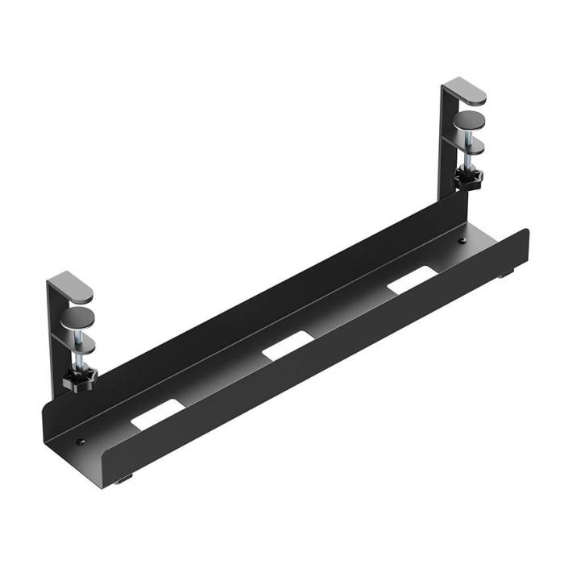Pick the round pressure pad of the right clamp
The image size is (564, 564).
[471, 122]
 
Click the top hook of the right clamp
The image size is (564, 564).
[466, 91]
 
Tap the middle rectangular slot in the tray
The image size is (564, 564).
[287, 344]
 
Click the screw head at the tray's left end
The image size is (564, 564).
[81, 441]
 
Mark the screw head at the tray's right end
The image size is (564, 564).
[462, 239]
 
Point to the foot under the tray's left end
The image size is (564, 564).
[122, 481]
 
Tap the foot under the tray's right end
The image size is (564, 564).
[505, 276]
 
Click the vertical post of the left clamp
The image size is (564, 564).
[54, 338]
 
